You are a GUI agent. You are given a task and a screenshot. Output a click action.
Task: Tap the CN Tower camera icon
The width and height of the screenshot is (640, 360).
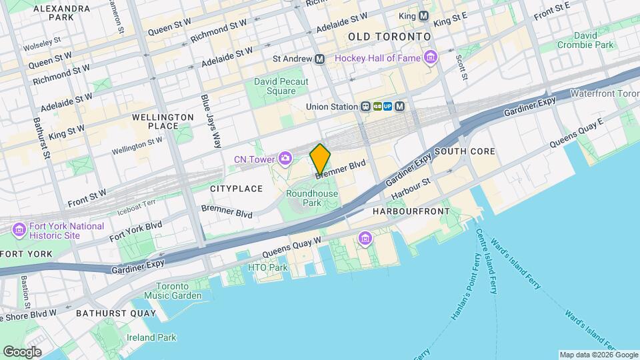[285, 158]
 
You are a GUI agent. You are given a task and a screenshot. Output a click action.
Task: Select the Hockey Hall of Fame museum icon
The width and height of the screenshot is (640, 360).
[431, 58]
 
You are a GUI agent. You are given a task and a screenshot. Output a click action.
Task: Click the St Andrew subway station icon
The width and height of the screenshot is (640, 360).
[320, 59]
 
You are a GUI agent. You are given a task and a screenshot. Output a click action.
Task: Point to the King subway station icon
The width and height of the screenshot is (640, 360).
[423, 15]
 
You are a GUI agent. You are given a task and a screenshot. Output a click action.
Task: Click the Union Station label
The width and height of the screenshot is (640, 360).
[331, 106]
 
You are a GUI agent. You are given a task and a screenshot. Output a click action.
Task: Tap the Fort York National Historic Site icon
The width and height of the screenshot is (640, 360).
[19, 231]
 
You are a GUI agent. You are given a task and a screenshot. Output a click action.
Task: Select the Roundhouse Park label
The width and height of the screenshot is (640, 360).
[312, 197]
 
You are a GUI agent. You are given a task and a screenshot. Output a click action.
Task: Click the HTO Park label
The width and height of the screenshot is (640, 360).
[267, 267]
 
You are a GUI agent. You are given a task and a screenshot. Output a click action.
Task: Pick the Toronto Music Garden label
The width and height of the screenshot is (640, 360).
[173, 290]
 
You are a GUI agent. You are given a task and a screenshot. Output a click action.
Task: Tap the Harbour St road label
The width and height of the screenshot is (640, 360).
[411, 187]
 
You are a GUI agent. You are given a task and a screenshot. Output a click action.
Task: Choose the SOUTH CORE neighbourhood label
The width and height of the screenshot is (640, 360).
[465, 151]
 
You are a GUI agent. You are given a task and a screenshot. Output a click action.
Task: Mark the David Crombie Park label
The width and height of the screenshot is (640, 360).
[586, 39]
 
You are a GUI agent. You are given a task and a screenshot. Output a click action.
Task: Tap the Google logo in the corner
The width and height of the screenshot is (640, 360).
[21, 351]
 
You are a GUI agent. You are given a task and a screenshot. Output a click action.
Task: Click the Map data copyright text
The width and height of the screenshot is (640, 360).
[598, 355]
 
